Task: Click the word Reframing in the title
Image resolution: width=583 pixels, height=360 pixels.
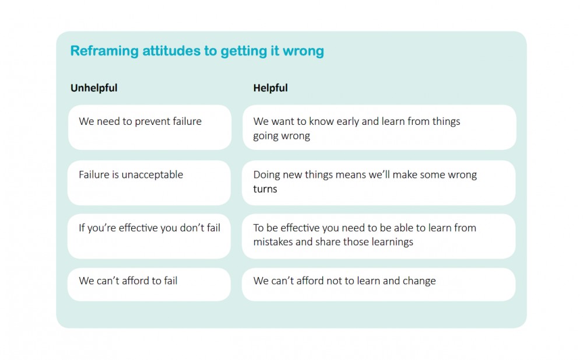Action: [104, 51]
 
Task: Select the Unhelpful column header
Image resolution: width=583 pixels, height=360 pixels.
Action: [94, 88]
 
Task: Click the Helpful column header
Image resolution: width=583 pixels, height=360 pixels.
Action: [271, 88]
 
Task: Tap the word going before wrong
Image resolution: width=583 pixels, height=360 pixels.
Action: [265, 137]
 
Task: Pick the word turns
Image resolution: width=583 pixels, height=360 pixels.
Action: [265, 189]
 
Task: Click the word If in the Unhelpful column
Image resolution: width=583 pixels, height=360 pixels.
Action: [82, 228]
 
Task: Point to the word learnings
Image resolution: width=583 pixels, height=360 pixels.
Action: [392, 242]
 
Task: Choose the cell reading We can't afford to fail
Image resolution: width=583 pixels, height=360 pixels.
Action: [149, 284]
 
